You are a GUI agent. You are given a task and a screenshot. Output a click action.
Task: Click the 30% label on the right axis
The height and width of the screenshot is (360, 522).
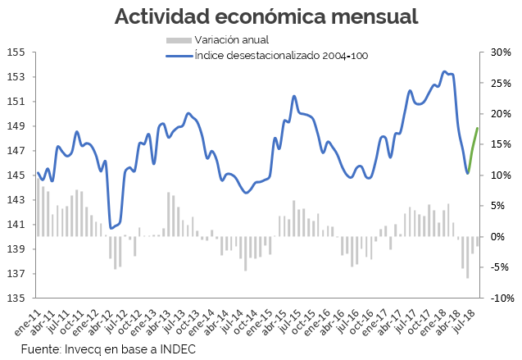pyautogui.click(x=501, y=52)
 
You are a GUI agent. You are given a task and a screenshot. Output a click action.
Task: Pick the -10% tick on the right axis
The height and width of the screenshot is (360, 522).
pyautogui.click(x=501, y=298)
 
